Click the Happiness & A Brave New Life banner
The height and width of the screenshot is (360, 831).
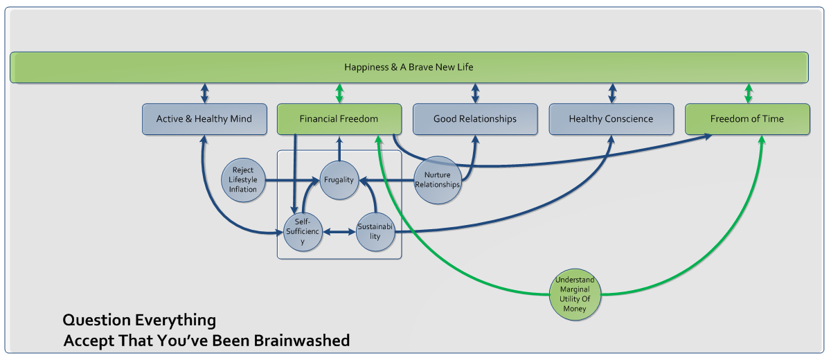point(409,67)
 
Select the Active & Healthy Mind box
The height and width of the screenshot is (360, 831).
point(204,119)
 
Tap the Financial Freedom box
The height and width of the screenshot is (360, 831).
point(339,119)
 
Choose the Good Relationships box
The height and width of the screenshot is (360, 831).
point(475,119)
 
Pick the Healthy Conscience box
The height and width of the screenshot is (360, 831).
point(611,119)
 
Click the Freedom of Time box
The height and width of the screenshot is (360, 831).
point(747,119)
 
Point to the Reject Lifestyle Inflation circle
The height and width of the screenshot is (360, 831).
point(244,180)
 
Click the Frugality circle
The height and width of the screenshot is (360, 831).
point(339,180)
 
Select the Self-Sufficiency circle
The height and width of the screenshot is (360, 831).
point(303,231)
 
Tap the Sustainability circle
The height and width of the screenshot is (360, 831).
point(375,231)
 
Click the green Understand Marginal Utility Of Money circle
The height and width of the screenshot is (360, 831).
point(575,294)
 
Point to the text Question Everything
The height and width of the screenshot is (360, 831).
point(139,321)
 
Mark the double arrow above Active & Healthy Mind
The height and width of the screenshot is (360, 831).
point(204,93)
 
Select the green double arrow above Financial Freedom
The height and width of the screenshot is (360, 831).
point(339,93)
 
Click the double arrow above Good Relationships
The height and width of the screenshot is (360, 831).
point(475,93)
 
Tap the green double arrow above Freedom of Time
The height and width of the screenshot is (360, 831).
point(748,93)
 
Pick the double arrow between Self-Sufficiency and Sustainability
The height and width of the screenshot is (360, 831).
point(339,232)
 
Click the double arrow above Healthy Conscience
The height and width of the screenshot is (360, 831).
point(611,93)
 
